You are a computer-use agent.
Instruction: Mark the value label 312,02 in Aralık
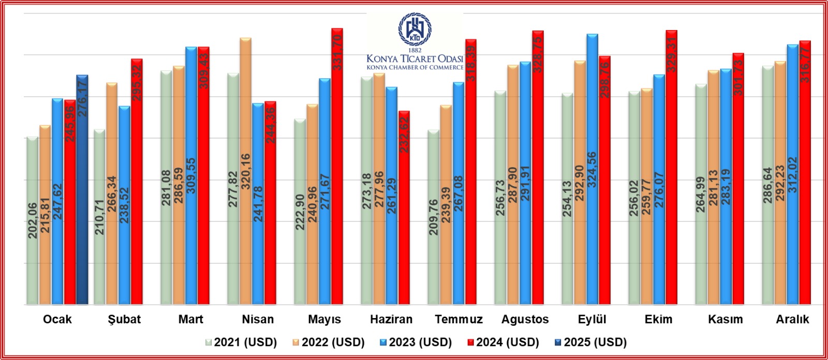coord(793,175)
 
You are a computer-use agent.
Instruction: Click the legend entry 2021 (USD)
coord(241,342)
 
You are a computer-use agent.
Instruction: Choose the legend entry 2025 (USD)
coord(590,342)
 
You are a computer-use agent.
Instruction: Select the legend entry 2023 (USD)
coord(416,342)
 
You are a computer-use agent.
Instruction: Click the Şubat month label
coord(124,319)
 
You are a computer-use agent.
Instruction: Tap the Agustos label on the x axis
coord(525,319)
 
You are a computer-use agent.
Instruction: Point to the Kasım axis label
coord(725,319)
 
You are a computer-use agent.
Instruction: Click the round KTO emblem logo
coord(415,29)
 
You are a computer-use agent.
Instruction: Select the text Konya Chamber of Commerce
coord(415,67)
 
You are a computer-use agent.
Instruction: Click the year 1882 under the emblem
coord(415,50)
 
